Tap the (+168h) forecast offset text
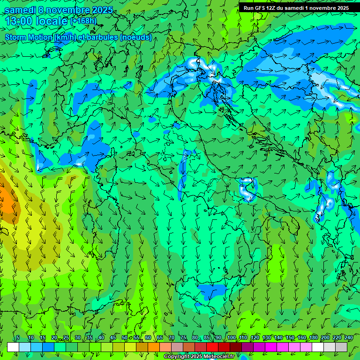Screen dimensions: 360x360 point(83,21)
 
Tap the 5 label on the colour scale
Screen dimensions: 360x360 point(18,338)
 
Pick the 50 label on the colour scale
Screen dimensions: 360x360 point(124,338)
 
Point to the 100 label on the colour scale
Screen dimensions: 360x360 point(231,338)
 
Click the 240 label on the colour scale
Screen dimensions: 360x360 point(348,338)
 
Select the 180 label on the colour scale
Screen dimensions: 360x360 point(313,338)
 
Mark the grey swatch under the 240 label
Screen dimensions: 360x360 point(341,347)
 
